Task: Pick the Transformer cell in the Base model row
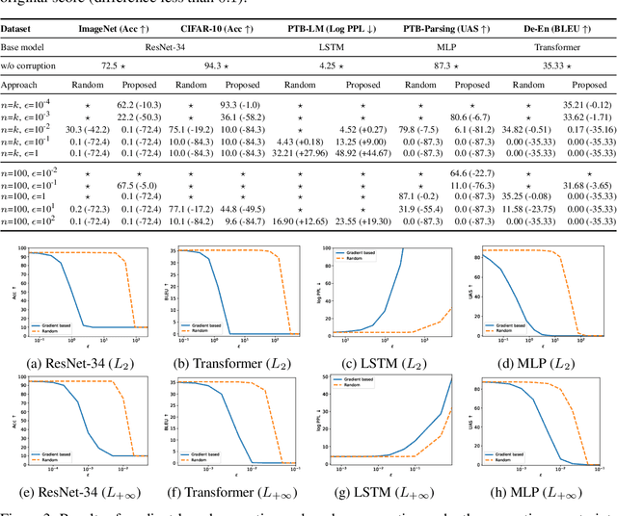pyautogui.click(x=562, y=45)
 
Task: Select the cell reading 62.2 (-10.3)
pyautogui.click(x=138, y=102)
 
